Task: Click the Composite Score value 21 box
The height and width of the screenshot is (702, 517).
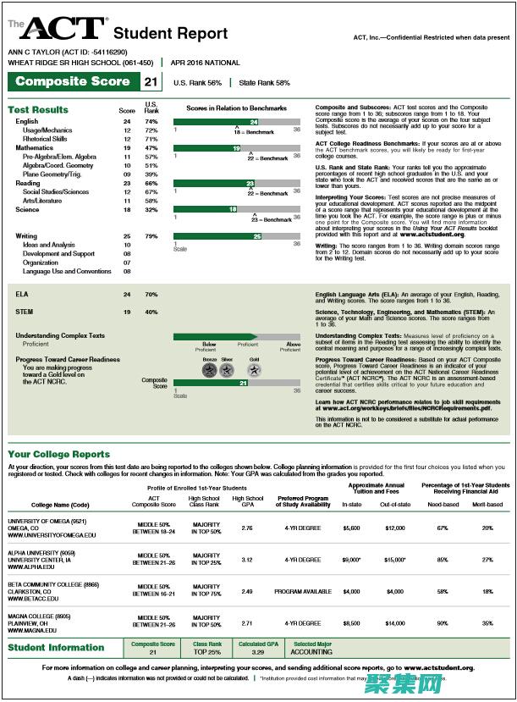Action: pos(151,82)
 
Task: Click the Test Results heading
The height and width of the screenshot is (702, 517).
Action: pos(38,110)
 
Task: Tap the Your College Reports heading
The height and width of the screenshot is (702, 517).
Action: pos(58,454)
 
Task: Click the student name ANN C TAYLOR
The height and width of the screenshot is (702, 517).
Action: pos(34,52)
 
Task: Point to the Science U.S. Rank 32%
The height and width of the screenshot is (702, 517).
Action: pos(151,209)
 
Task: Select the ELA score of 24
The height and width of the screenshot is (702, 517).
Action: pos(127,294)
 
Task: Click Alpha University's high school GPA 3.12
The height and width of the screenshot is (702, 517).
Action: pos(247,560)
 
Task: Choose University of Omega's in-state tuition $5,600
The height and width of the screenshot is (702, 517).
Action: pos(351,528)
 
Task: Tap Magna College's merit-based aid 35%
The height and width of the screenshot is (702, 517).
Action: pos(487,622)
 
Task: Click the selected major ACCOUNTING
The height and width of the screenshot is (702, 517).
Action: pos(311,653)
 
